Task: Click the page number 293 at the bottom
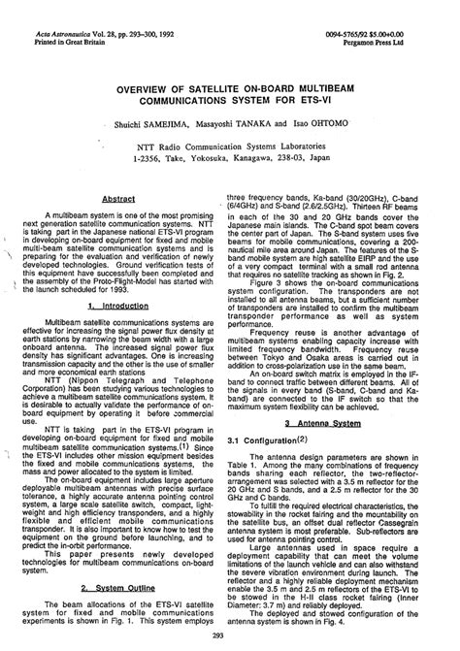point(230,635)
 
